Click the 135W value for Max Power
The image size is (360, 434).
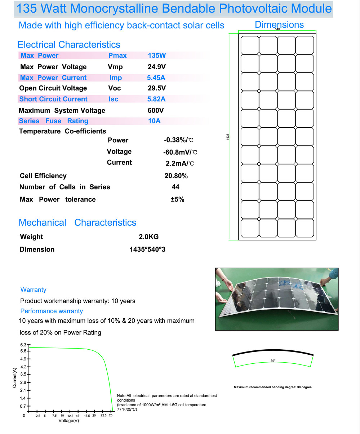pyautogui.click(x=157, y=56)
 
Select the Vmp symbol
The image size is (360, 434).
pyautogui.click(x=115, y=67)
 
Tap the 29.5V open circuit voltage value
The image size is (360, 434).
pyautogui.click(x=157, y=88)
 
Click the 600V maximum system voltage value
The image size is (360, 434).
pyautogui.click(x=157, y=110)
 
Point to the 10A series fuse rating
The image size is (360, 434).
pyautogui.click(x=154, y=121)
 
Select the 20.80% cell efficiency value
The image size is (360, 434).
pyautogui.click(x=176, y=176)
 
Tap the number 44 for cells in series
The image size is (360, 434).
pyautogui.click(x=176, y=187)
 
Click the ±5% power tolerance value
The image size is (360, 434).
pyautogui.click(x=177, y=199)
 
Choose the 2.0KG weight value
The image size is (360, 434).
pyautogui.click(x=149, y=237)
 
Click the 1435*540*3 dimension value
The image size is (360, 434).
pyautogui.click(x=147, y=249)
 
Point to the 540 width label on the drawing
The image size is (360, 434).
pyautogui.click(x=277, y=29)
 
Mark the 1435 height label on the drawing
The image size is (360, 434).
pyautogui.click(x=228, y=137)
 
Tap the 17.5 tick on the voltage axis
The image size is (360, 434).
pyautogui.click(x=87, y=416)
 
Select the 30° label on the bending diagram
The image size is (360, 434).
pyautogui.click(x=273, y=360)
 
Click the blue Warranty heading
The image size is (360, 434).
pyautogui.click(x=34, y=290)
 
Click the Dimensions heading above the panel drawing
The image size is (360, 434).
pyautogui.click(x=279, y=25)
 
